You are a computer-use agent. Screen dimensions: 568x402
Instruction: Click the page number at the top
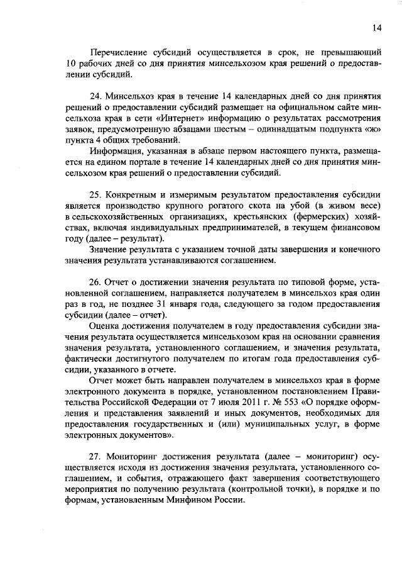point(376,28)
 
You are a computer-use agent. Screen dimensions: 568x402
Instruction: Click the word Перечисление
point(119,52)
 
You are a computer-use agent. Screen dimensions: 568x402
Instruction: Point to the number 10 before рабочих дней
point(70,64)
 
